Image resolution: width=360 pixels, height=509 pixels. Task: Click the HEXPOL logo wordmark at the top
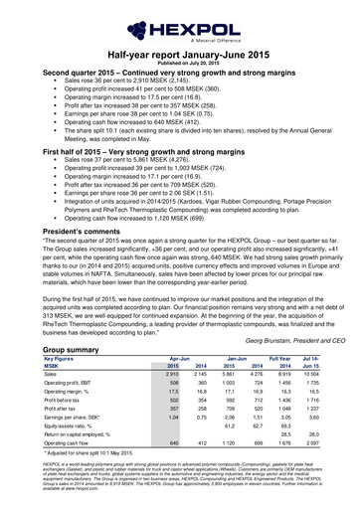pos(179,18)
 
